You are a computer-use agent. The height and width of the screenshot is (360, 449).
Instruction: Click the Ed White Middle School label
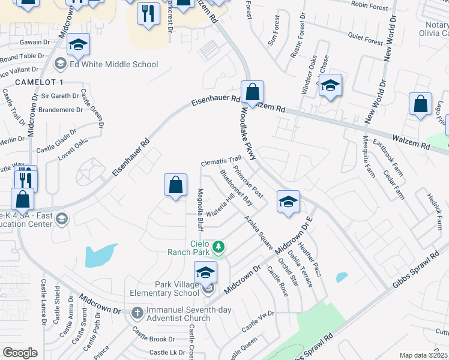pos(113,65)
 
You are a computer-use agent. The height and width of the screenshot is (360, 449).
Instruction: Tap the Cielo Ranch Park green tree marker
pos(220,247)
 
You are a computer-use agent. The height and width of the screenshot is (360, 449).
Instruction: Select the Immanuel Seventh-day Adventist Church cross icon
pos(137,313)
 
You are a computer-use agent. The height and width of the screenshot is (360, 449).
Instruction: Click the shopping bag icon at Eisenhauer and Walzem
pos(253,93)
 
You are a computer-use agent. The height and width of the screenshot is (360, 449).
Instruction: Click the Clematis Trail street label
pos(220,162)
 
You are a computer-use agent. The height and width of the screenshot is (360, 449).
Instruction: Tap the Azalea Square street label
pos(258,233)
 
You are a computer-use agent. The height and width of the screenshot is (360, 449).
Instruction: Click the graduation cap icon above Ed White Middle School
pos(77,46)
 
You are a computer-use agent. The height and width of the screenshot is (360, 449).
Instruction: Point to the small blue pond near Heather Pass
pos(342,277)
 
